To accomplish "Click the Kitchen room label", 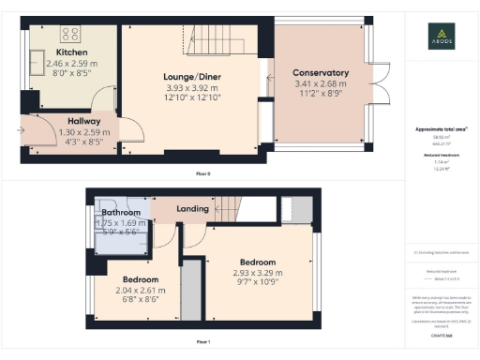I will [x=72, y=52].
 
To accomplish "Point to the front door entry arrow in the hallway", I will [x=22, y=130].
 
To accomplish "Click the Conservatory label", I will [x=321, y=73].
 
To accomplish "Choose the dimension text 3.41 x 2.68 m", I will [x=321, y=83].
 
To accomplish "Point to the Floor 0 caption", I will [x=202, y=173].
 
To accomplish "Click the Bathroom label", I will [x=121, y=213].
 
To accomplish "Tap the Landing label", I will [x=192, y=208].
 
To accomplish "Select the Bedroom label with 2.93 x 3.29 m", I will [x=257, y=262].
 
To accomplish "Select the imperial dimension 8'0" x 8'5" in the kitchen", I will [x=72, y=73].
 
